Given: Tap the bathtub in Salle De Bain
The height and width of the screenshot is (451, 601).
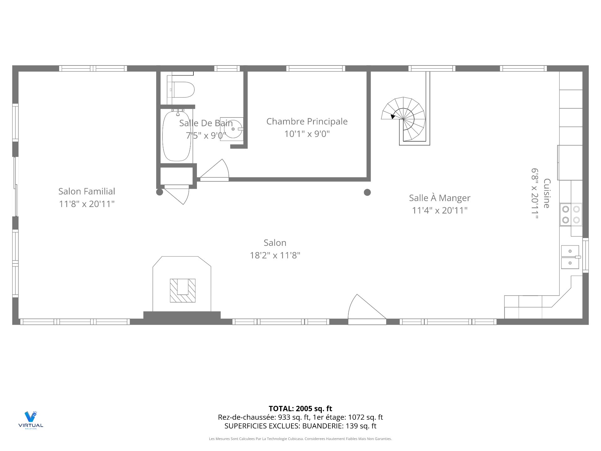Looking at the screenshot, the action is [x=177, y=135].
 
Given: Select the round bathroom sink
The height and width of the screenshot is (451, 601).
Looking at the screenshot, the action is [x=233, y=129].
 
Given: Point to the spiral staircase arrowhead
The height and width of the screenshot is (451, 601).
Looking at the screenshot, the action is [x=393, y=117].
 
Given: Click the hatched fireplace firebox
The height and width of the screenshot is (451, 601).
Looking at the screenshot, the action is [x=182, y=291].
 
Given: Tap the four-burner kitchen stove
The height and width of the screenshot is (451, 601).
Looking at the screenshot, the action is [x=571, y=215].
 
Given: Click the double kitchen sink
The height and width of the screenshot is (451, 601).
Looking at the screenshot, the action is [x=570, y=257].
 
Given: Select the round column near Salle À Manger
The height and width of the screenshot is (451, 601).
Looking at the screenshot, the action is [x=367, y=192].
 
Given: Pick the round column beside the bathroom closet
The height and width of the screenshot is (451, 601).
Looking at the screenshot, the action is [x=160, y=192].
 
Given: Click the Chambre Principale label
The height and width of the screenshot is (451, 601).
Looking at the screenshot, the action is [x=307, y=122].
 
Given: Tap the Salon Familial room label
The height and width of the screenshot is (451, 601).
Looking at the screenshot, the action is [x=87, y=191].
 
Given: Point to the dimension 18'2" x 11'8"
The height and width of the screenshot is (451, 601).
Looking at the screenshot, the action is [x=275, y=255].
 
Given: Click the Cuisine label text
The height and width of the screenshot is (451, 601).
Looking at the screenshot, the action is [x=547, y=193].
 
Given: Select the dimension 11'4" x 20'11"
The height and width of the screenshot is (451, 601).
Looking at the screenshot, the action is [x=439, y=210].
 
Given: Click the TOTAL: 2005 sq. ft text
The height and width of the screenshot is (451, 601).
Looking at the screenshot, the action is [x=300, y=409].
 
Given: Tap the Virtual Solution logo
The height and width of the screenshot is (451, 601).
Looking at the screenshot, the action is [x=31, y=420].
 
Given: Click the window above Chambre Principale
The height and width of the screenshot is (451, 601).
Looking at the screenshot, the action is [x=316, y=68].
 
